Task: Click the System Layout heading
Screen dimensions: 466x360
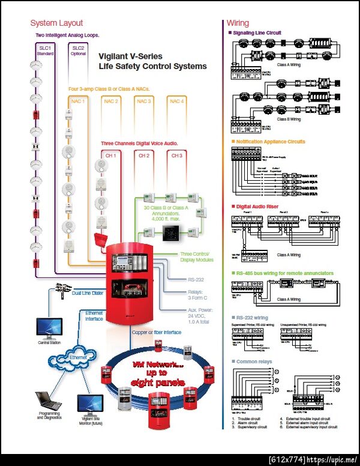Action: [x=56, y=23]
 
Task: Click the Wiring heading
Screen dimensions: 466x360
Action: [x=238, y=23]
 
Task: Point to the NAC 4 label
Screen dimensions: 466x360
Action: [x=177, y=101]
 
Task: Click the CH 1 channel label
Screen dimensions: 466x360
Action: [x=111, y=156]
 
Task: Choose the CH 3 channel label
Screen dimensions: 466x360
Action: [x=177, y=156]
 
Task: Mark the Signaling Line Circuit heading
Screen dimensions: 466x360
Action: [x=258, y=33]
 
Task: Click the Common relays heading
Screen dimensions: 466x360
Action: [x=254, y=362]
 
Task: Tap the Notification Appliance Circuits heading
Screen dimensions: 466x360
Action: [x=270, y=142]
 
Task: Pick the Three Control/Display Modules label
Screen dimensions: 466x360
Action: [x=197, y=257]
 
